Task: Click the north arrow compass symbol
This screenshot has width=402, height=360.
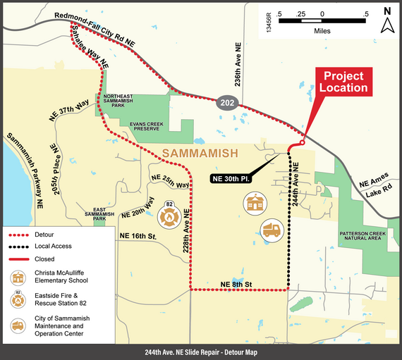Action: (x=387, y=21)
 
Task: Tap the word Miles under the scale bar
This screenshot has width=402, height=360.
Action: (x=322, y=32)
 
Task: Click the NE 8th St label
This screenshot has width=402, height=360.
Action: (x=236, y=283)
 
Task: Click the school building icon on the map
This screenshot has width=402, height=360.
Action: (x=255, y=205)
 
